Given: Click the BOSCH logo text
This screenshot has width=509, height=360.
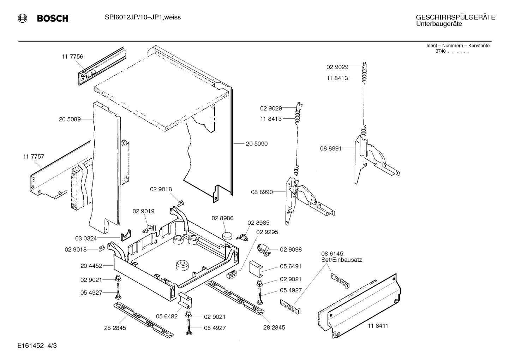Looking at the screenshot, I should pyautogui.click(x=53, y=18).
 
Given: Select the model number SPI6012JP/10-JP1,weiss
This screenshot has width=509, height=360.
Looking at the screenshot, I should pyautogui.click(x=143, y=17).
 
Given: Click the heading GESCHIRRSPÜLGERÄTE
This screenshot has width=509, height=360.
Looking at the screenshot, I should pyautogui.click(x=455, y=17).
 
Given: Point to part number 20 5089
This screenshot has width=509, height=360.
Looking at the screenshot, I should pyautogui.click(x=70, y=119).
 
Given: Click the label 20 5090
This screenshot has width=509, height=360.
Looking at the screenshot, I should pyautogui.click(x=257, y=144).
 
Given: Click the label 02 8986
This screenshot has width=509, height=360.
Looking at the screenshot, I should pyautogui.click(x=222, y=218).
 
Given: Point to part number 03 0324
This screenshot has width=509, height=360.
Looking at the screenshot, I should pyautogui.click(x=86, y=238).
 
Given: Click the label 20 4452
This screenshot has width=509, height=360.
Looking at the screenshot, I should pyautogui.click(x=91, y=266).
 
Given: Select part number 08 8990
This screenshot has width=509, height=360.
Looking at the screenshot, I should pyautogui.click(x=262, y=192).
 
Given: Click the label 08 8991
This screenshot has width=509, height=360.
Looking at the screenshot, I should pyautogui.click(x=331, y=149).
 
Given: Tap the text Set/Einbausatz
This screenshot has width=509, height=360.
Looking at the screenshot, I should pyautogui.click(x=341, y=260).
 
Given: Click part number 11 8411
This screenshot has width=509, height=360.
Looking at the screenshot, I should pyautogui.click(x=378, y=325).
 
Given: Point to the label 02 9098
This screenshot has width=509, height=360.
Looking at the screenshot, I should pyautogui.click(x=291, y=249).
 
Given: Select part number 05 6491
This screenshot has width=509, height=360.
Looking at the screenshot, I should pyautogui.click(x=291, y=266).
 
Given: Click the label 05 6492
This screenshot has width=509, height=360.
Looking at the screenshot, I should pyautogui.click(x=167, y=317).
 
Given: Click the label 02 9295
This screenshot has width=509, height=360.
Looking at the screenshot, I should pyautogui.click(x=267, y=232).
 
